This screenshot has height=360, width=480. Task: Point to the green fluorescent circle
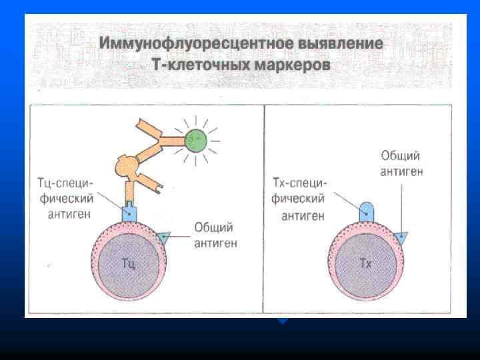point(194,141)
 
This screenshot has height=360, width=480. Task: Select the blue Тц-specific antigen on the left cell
point(129,213)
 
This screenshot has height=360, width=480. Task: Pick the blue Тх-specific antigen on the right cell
point(366,211)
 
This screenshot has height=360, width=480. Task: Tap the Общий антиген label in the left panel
point(215,235)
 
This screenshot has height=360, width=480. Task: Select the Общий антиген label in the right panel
point(401,163)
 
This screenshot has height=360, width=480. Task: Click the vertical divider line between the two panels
point(264,207)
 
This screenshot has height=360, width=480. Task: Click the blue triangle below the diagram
point(283,321)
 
